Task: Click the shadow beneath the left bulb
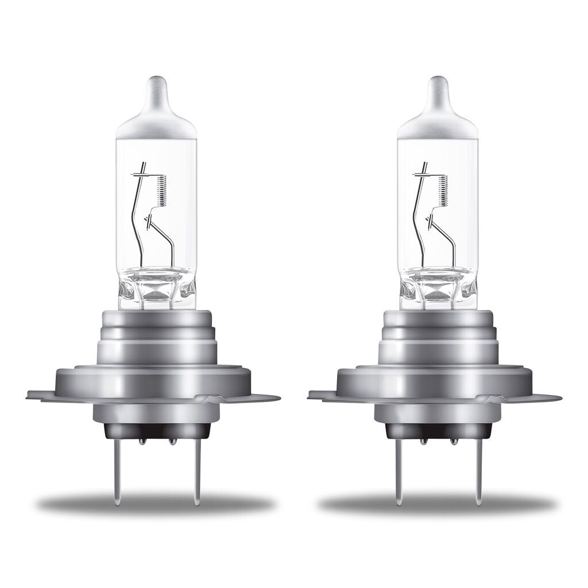(x=155, y=505)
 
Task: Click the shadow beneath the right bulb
(x=436, y=505)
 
